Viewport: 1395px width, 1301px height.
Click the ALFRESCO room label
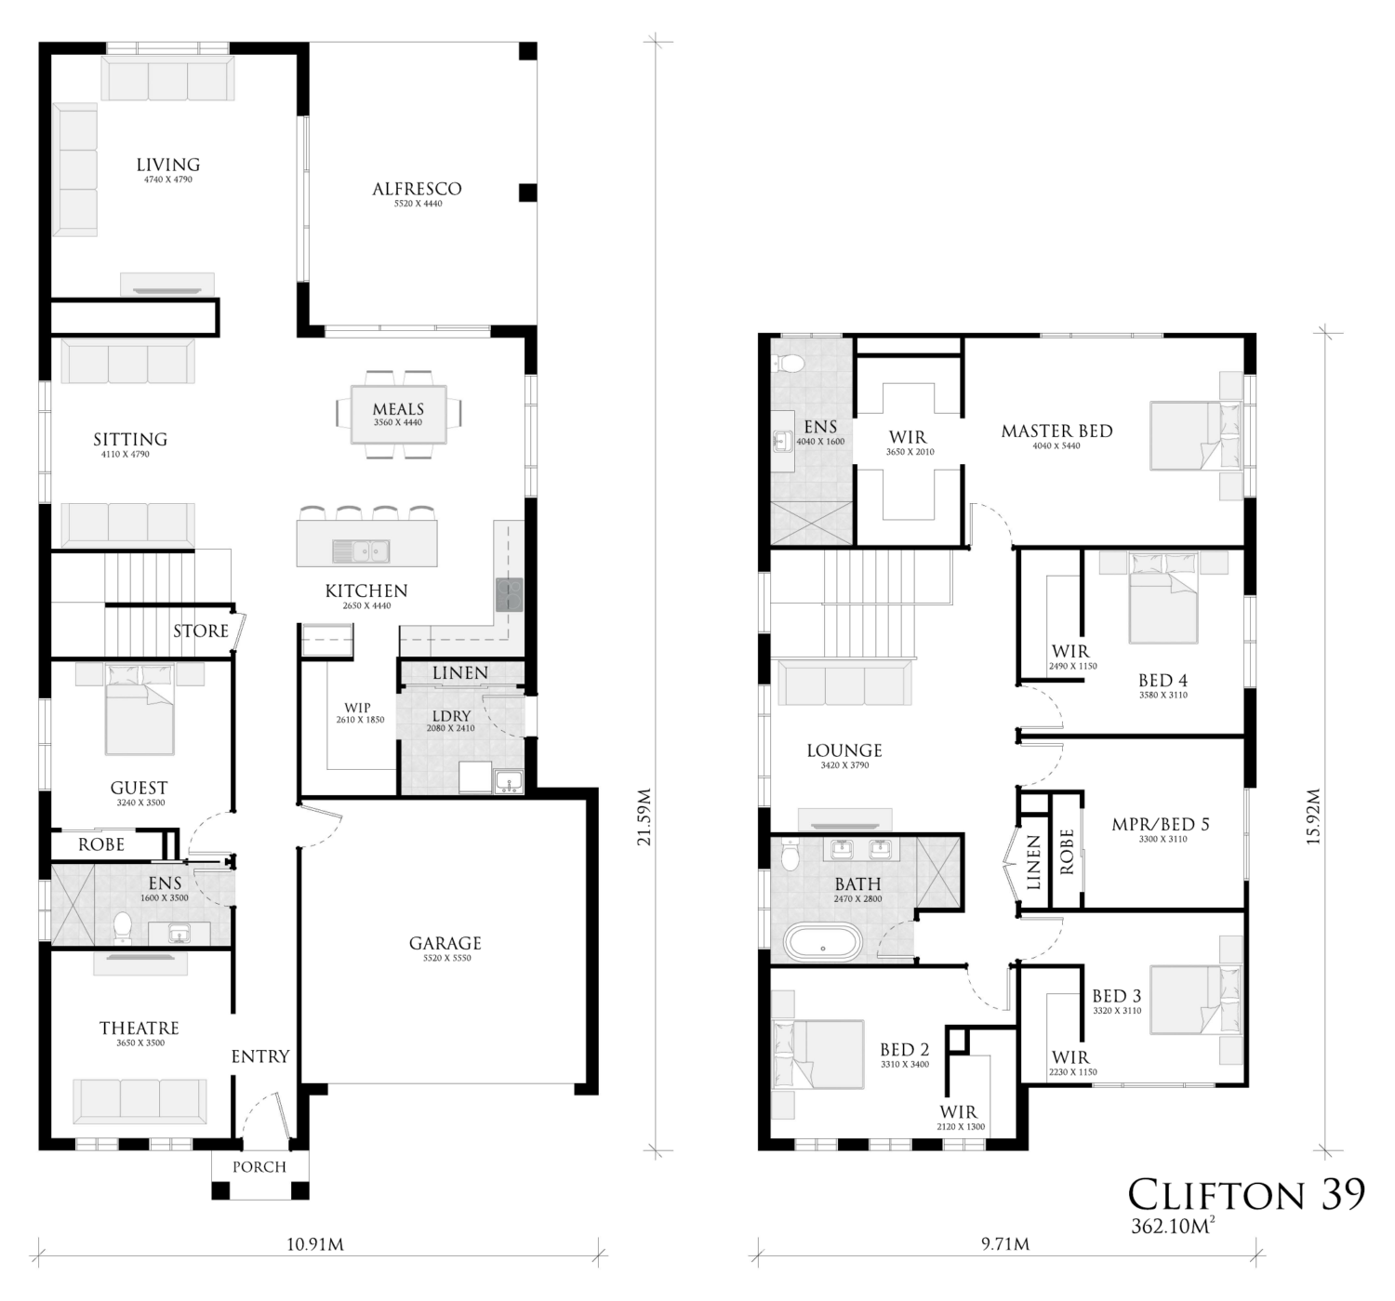coord(418,189)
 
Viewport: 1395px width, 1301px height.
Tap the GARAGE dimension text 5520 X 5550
coord(446,958)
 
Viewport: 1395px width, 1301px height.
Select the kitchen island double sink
coord(361,551)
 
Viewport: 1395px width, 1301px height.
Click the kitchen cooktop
coord(510,593)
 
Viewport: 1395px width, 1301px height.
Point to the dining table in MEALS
coord(398,415)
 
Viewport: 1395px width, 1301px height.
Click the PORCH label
coord(259,1167)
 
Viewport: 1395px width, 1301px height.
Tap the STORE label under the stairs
coord(201,631)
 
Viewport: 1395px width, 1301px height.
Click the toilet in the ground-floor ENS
coord(123,927)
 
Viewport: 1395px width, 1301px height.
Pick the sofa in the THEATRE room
coord(140,1101)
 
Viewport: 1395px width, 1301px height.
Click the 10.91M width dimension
coord(315,1244)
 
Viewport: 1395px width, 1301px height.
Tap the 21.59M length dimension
coord(644,816)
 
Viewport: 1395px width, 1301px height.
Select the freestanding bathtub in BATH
coord(822,943)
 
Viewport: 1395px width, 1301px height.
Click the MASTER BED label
coord(1057,431)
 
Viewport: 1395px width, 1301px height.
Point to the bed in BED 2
coord(818,1055)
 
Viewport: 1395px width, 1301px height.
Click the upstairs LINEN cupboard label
coord(1033,863)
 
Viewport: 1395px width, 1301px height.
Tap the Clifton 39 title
coord(1247,1194)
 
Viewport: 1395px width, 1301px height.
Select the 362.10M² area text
coord(1173,1226)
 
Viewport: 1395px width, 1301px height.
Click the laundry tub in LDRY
coord(510,782)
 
